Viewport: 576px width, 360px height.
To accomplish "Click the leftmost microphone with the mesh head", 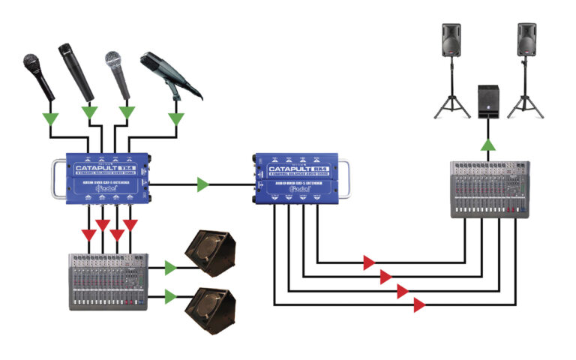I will (35, 67).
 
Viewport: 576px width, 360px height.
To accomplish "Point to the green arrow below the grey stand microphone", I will (176, 118).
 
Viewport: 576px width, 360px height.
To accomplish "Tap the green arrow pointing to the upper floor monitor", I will (169, 268).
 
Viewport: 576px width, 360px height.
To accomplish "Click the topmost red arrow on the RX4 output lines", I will (368, 262).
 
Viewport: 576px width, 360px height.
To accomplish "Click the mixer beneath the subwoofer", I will (492, 189).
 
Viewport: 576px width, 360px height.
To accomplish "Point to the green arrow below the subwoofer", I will (488, 145).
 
